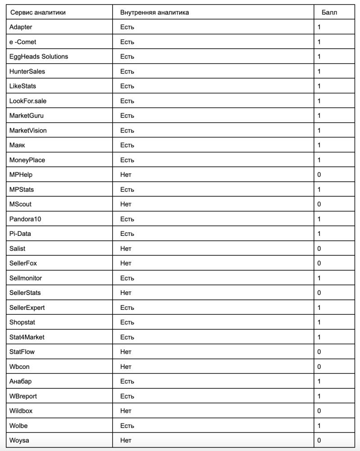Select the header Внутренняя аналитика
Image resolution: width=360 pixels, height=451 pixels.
click(x=154, y=12)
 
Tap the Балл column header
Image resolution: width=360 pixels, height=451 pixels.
click(x=329, y=12)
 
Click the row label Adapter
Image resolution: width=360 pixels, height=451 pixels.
click(x=21, y=27)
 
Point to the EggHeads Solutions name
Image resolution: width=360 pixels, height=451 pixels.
click(x=39, y=56)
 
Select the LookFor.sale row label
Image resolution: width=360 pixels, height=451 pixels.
click(x=28, y=101)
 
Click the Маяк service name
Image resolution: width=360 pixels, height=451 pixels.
click(x=17, y=145)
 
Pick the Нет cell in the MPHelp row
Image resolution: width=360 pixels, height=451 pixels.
click(x=126, y=175)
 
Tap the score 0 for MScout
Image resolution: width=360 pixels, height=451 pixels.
click(x=319, y=204)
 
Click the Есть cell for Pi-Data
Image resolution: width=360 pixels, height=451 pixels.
click(x=127, y=234)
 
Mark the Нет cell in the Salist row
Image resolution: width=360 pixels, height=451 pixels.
click(x=126, y=249)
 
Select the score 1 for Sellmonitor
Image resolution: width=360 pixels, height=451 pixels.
click(x=319, y=278)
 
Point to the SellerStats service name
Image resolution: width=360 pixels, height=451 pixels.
click(x=25, y=293)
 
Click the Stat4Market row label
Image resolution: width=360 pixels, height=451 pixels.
click(x=27, y=337)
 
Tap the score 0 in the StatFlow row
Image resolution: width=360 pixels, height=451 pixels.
click(x=319, y=352)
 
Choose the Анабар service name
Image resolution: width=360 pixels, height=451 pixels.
click(x=21, y=381)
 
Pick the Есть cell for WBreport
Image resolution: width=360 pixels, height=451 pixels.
click(x=127, y=396)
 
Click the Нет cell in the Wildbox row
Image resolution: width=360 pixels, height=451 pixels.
click(x=126, y=411)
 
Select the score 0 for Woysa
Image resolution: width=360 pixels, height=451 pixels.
click(x=319, y=440)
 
